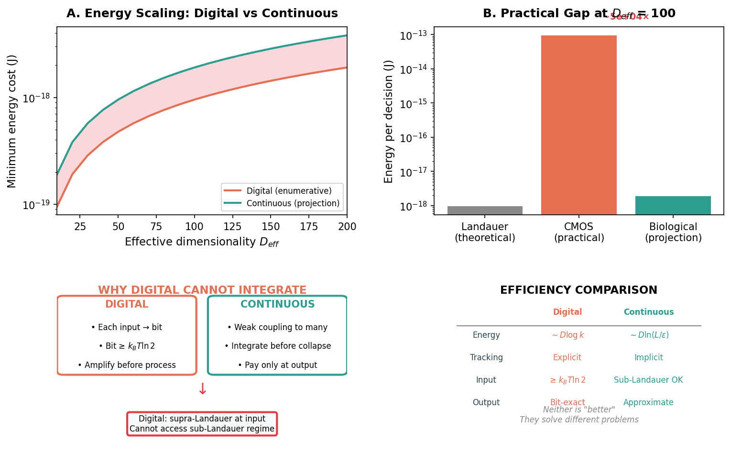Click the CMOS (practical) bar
click(x=578, y=124)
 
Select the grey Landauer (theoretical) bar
click(x=485, y=210)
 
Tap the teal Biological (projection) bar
click(x=673, y=205)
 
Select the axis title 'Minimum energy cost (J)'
click(x=12, y=121)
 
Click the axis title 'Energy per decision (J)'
click(x=389, y=121)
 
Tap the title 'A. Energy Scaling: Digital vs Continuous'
click(x=202, y=13)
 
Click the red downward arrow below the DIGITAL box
click(x=202, y=389)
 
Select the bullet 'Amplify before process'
click(x=127, y=365)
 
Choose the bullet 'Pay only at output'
click(x=277, y=365)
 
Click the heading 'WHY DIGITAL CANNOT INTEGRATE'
click(x=202, y=290)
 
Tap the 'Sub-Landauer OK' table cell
click(x=648, y=380)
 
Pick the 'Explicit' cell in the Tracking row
click(x=567, y=357)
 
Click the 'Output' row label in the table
click(x=486, y=402)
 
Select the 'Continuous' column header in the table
click(x=648, y=312)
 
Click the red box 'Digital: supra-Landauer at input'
click(x=202, y=423)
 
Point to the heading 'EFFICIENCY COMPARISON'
click(x=578, y=290)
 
